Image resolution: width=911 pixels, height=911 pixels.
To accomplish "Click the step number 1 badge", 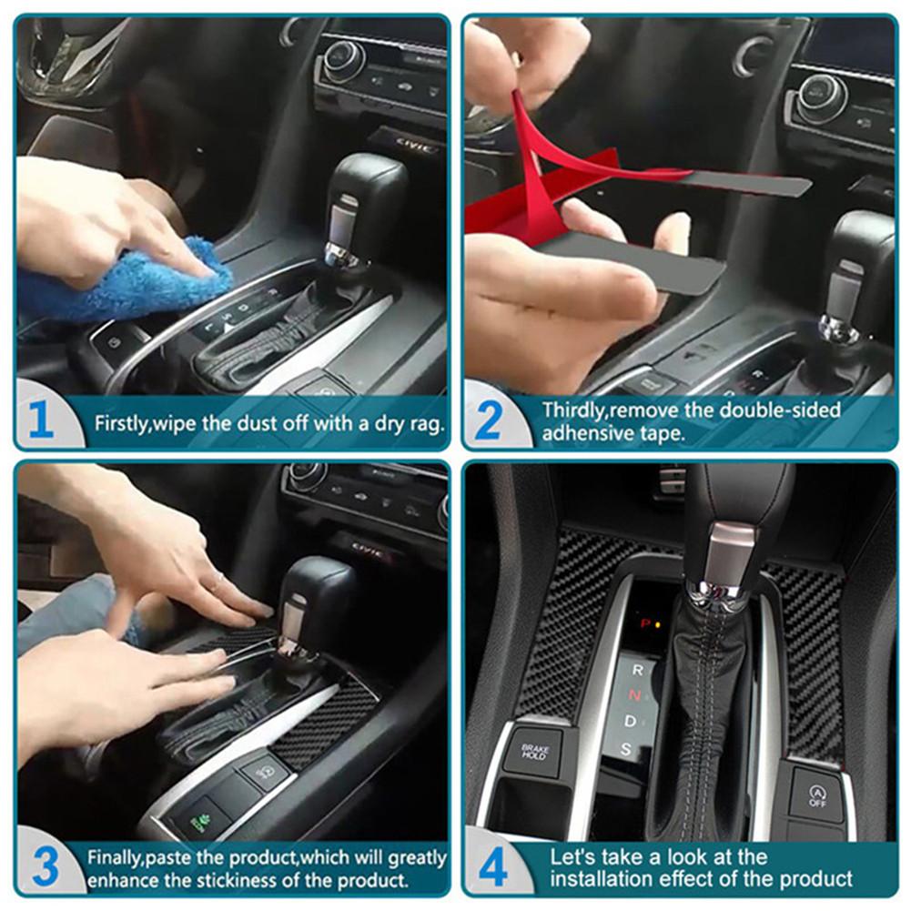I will click(x=42, y=421).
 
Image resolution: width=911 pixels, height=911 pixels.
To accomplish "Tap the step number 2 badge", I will click(x=490, y=421).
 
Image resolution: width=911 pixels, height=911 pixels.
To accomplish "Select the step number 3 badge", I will click(x=42, y=867).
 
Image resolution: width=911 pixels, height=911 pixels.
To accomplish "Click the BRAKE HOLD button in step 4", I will click(x=534, y=751).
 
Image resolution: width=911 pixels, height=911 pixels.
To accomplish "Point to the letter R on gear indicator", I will click(x=637, y=670).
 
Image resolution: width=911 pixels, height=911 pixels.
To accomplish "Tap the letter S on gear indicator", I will click(x=626, y=750).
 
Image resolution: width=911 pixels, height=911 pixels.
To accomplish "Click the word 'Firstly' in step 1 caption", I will click(x=124, y=423).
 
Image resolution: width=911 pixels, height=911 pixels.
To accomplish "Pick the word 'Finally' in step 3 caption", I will click(x=115, y=857).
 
